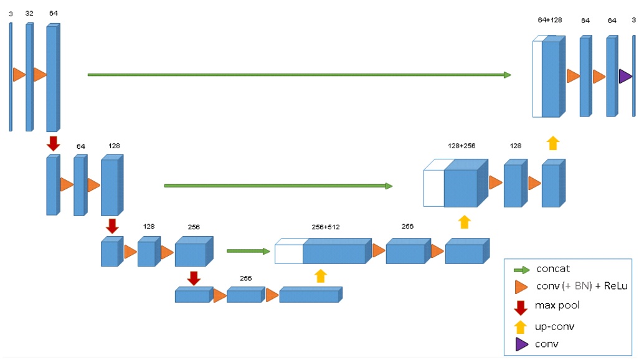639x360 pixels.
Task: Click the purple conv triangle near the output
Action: (x=625, y=77)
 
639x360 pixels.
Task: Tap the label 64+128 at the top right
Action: (x=550, y=20)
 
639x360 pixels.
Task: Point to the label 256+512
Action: (x=325, y=227)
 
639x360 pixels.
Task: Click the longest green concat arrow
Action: (x=299, y=75)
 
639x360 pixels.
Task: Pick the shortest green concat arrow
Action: (x=248, y=252)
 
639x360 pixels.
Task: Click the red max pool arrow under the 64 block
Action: (x=53, y=143)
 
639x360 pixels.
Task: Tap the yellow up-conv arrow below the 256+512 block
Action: (x=320, y=276)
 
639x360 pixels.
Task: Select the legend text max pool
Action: (x=557, y=306)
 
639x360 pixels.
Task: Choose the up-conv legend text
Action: (x=554, y=326)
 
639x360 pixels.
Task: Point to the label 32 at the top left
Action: (x=29, y=12)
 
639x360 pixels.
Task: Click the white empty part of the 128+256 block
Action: (x=433, y=189)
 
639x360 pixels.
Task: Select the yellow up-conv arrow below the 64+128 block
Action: (x=552, y=143)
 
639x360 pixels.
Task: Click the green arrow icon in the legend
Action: (x=522, y=270)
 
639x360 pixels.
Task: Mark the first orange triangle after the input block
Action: (x=19, y=75)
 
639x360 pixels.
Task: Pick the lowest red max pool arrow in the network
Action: (x=194, y=278)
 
